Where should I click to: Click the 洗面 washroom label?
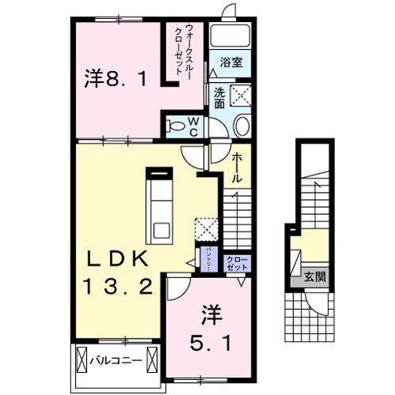pyautogui.click(x=218, y=97)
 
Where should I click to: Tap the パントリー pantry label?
pyautogui.click(x=208, y=258)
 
